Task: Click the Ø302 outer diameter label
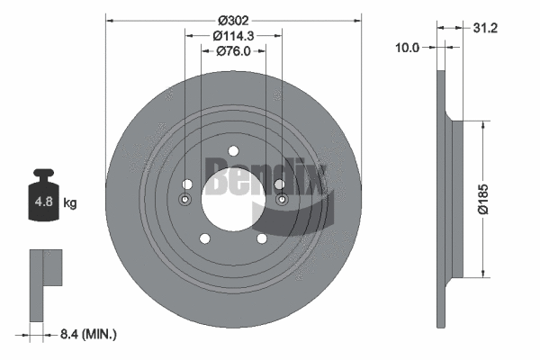tap(233, 18)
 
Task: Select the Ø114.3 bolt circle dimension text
tap(233, 35)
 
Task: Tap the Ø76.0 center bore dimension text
tap(233, 51)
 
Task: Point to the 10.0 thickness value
tap(408, 48)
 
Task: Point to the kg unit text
tap(70, 203)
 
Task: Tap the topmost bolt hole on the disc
tap(233, 150)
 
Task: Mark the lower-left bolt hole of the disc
tap(205, 238)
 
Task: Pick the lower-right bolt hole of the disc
tap(261, 238)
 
